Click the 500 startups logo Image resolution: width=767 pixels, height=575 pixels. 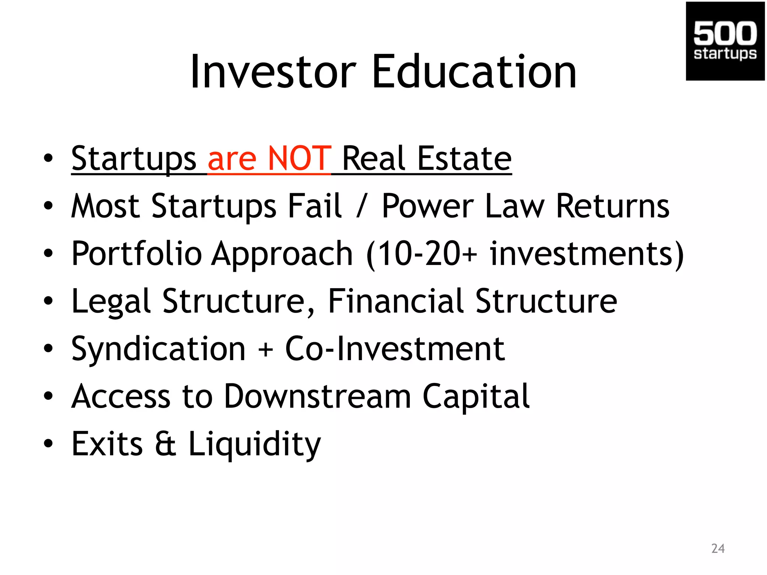pyautogui.click(x=725, y=41)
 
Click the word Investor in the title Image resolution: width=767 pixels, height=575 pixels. pyautogui.click(x=273, y=72)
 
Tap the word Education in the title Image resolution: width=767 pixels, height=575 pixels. pyautogui.click(x=474, y=72)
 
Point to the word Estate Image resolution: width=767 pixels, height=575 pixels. pyautogui.click(x=464, y=159)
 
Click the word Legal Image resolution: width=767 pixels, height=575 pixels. pyautogui.click(x=111, y=302)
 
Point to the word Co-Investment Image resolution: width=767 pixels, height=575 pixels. pyautogui.click(x=395, y=349)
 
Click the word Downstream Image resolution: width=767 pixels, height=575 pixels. pyautogui.click(x=318, y=396)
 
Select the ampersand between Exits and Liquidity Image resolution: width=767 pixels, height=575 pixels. pyautogui.click(x=166, y=444)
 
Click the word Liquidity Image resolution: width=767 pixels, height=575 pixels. pyautogui.click(x=254, y=445)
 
